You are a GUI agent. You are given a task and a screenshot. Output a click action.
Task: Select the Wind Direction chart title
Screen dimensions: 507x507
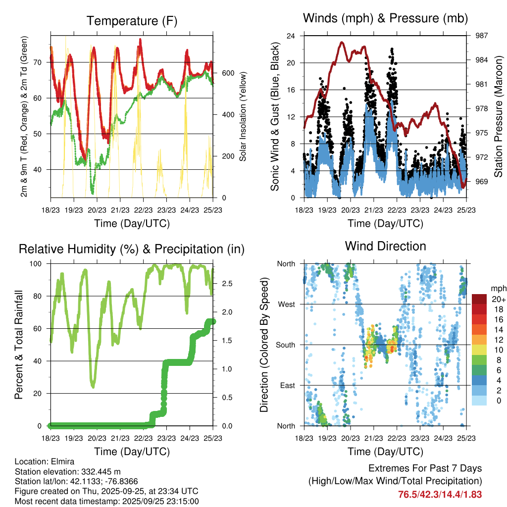click(385, 246)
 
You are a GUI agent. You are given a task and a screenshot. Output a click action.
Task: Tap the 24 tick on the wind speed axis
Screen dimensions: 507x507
click(291, 36)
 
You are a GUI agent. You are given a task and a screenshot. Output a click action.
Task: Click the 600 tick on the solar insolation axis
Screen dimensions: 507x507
click(227, 73)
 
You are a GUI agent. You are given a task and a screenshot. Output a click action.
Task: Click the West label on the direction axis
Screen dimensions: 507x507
click(286, 304)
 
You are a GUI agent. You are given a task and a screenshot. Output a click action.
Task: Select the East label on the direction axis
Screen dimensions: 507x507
click(287, 385)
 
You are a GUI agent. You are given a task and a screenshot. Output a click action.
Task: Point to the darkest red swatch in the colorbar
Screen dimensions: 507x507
click(480, 300)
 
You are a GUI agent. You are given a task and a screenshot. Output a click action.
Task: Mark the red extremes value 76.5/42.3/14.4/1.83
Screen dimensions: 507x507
click(440, 494)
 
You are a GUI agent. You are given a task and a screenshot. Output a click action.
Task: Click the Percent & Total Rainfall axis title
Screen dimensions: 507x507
click(19, 345)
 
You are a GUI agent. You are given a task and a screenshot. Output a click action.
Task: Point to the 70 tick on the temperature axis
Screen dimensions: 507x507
click(43, 62)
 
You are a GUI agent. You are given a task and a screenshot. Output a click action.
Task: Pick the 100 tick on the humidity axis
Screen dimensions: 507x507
click(39, 264)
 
